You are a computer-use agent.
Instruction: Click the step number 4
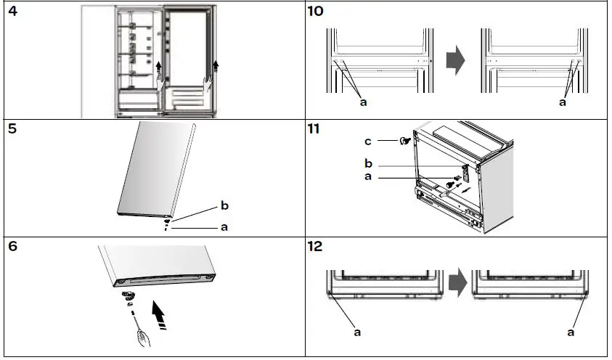tap(12, 12)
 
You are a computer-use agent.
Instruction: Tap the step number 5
tap(12, 132)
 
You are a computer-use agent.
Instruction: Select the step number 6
tap(12, 247)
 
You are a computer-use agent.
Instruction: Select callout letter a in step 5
tap(224, 226)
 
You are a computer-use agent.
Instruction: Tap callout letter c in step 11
tap(370, 140)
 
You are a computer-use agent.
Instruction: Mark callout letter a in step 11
tap(370, 177)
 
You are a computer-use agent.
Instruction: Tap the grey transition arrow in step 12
tap(455, 285)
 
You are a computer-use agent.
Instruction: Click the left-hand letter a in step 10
tap(364, 103)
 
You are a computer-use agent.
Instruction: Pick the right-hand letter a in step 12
tap(570, 332)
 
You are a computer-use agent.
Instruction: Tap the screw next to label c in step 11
tap(401, 141)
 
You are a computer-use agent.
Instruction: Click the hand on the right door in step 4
tap(209, 86)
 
